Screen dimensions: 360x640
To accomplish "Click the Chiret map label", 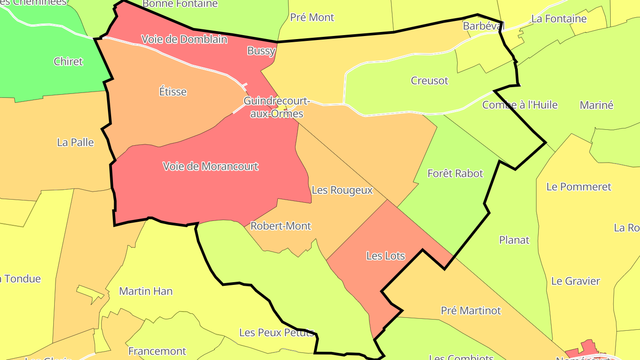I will click(68, 61).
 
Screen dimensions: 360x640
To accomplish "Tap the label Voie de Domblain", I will click(184, 39).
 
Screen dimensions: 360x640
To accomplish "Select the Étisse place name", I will click(173, 92).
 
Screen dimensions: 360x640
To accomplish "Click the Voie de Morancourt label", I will click(210, 166).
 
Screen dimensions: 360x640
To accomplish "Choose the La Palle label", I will click(76, 142).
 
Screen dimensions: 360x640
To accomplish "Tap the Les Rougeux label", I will click(342, 190).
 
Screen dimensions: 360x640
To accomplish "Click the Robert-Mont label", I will click(280, 226).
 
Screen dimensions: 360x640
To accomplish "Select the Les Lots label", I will click(385, 256).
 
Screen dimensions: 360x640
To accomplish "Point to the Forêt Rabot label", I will click(455, 173).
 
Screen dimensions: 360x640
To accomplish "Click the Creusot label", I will click(429, 81).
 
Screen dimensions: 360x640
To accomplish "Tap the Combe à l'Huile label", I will click(520, 105).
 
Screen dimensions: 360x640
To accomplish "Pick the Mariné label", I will click(596, 105).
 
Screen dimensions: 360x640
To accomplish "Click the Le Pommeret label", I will click(579, 187).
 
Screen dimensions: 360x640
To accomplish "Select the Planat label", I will click(514, 240).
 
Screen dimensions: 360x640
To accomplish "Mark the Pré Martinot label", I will click(471, 310).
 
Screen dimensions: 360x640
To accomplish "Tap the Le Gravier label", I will click(576, 281).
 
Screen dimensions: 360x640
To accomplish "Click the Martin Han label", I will click(146, 291).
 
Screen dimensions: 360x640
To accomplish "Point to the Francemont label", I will click(157, 351).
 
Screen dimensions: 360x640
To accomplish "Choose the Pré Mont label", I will click(312, 17).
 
